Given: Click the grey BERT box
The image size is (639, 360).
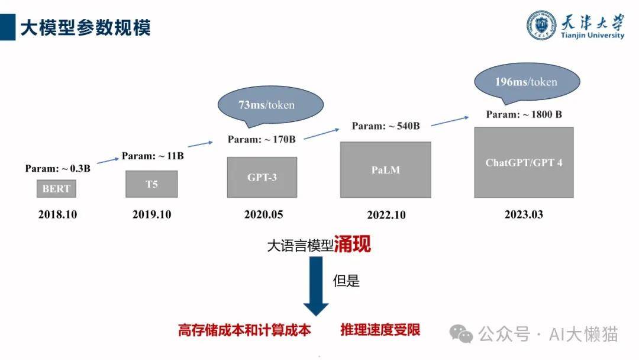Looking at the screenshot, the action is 56,188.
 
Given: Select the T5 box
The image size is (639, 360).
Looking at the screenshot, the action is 151,184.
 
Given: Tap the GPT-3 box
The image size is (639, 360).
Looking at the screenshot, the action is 262,178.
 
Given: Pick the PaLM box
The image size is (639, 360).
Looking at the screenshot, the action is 386,169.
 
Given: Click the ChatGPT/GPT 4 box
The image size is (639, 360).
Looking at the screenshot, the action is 524,162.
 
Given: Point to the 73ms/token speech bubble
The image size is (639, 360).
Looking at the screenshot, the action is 270,105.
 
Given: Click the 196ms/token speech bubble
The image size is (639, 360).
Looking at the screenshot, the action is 527,82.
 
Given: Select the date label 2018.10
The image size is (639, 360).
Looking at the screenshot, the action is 57,214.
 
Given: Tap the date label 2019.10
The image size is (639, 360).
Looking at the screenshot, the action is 151,214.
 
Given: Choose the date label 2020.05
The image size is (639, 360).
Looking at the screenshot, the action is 264,214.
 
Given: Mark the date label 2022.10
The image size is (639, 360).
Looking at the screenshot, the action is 386,215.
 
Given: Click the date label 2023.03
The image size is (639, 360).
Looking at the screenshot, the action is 524,214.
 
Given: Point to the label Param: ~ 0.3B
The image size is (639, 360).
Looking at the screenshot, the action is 58,168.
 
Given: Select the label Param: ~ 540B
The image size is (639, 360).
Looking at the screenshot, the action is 386,126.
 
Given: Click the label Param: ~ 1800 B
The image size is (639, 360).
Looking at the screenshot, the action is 524,114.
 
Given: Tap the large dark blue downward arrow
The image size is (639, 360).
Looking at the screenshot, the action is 316,285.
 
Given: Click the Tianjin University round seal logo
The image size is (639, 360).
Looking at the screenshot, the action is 541,25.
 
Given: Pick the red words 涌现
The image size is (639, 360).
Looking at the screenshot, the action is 353,244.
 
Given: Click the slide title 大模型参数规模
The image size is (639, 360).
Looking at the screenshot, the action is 86,28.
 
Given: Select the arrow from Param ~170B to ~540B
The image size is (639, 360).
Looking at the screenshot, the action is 321,134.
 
